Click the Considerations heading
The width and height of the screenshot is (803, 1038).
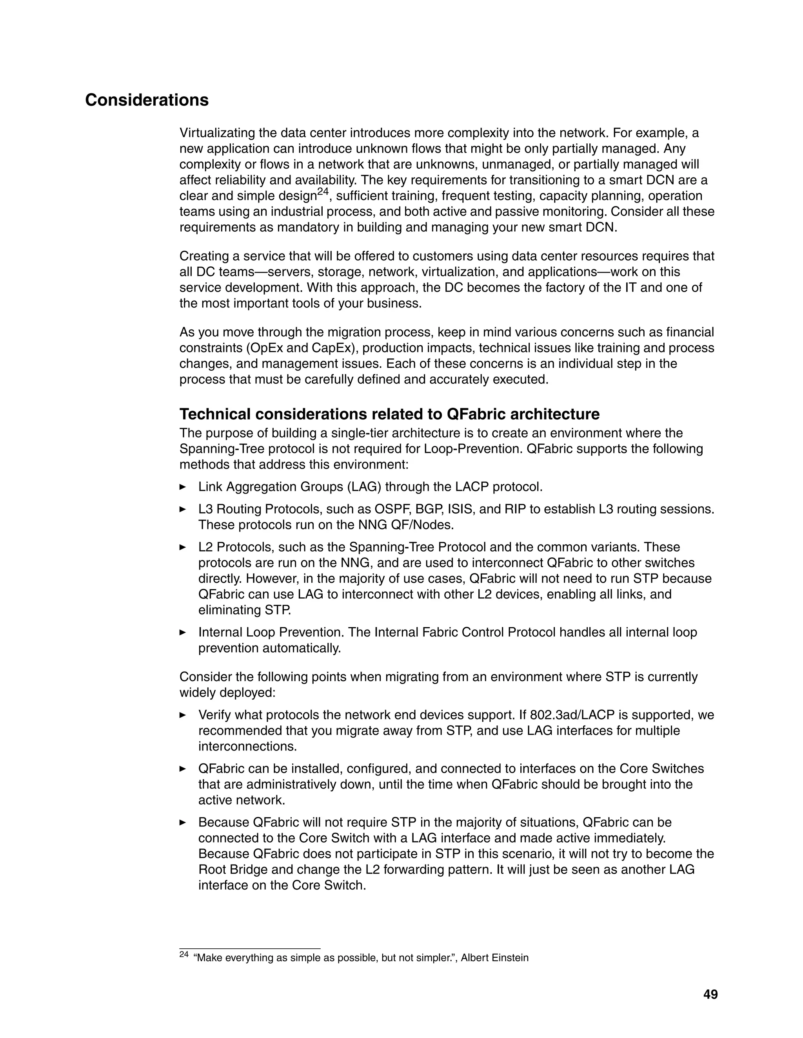click(x=147, y=100)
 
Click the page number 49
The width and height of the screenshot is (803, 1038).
click(x=710, y=994)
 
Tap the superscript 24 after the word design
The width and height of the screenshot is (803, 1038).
click(x=323, y=192)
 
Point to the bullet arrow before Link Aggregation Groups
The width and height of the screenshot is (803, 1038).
click(x=183, y=486)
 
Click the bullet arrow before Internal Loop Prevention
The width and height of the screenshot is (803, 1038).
click(x=183, y=632)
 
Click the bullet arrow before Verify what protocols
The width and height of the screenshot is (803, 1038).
click(x=183, y=715)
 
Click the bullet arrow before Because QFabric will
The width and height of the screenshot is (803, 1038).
click(x=183, y=822)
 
